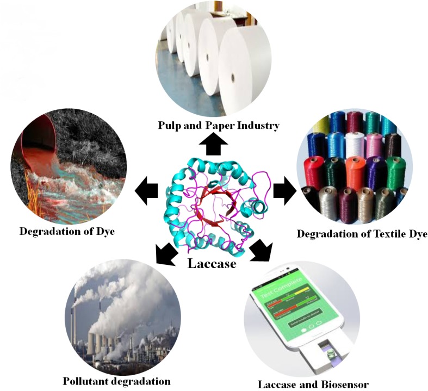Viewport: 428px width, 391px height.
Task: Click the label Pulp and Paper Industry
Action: click(x=219, y=126)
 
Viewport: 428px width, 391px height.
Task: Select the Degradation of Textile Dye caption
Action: click(x=362, y=234)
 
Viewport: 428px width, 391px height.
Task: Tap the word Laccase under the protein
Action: click(x=212, y=264)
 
